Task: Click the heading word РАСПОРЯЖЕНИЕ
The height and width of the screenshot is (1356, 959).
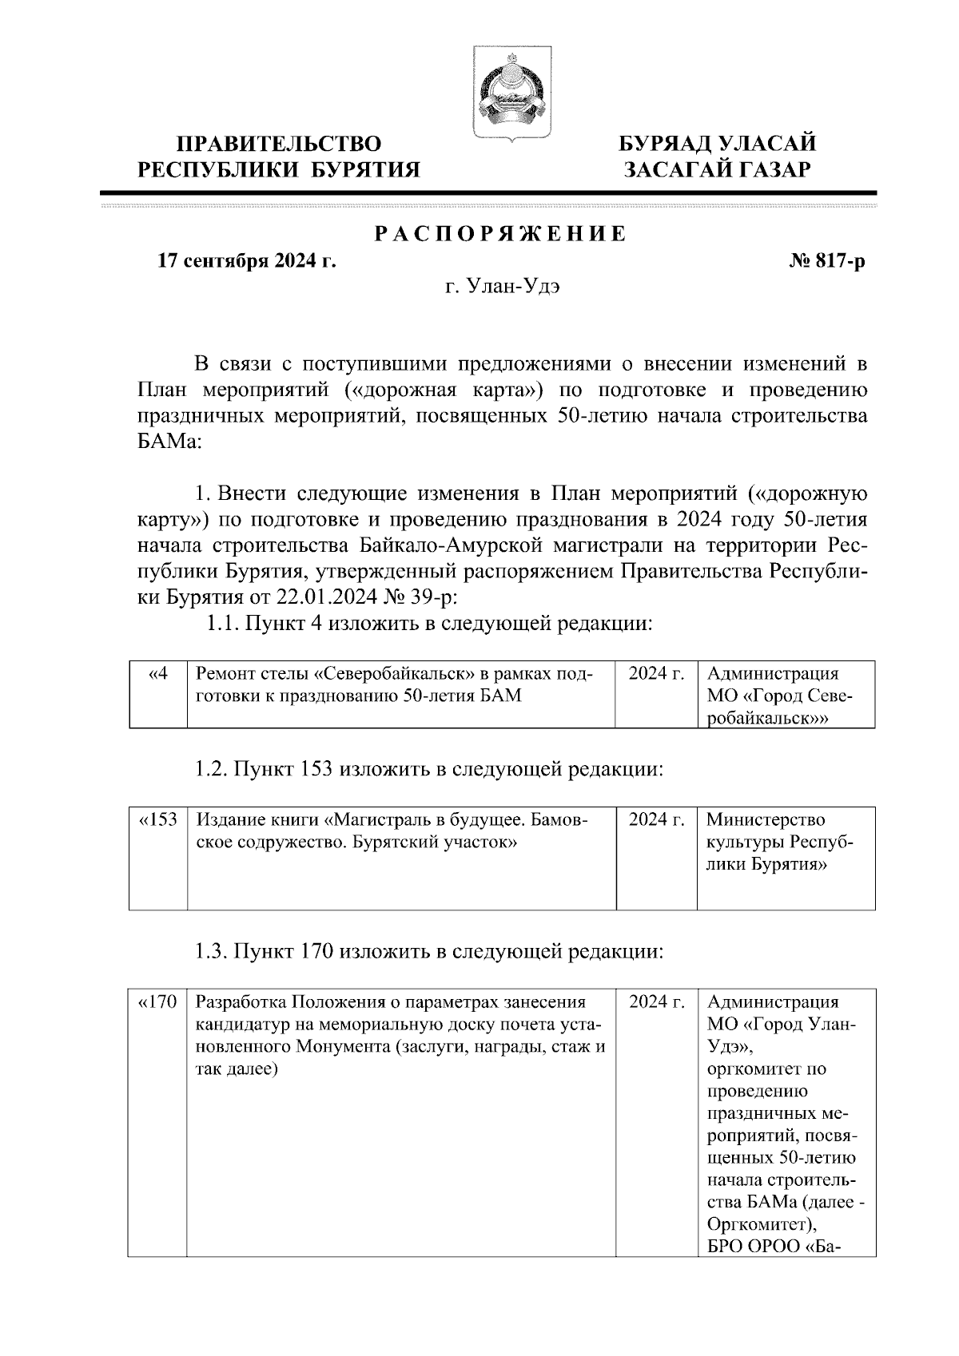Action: click(x=500, y=235)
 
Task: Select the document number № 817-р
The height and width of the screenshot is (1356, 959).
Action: click(x=826, y=261)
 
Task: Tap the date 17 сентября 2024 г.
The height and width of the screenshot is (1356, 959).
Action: click(x=245, y=261)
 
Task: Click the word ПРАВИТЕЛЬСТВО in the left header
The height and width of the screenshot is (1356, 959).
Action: click(x=279, y=144)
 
